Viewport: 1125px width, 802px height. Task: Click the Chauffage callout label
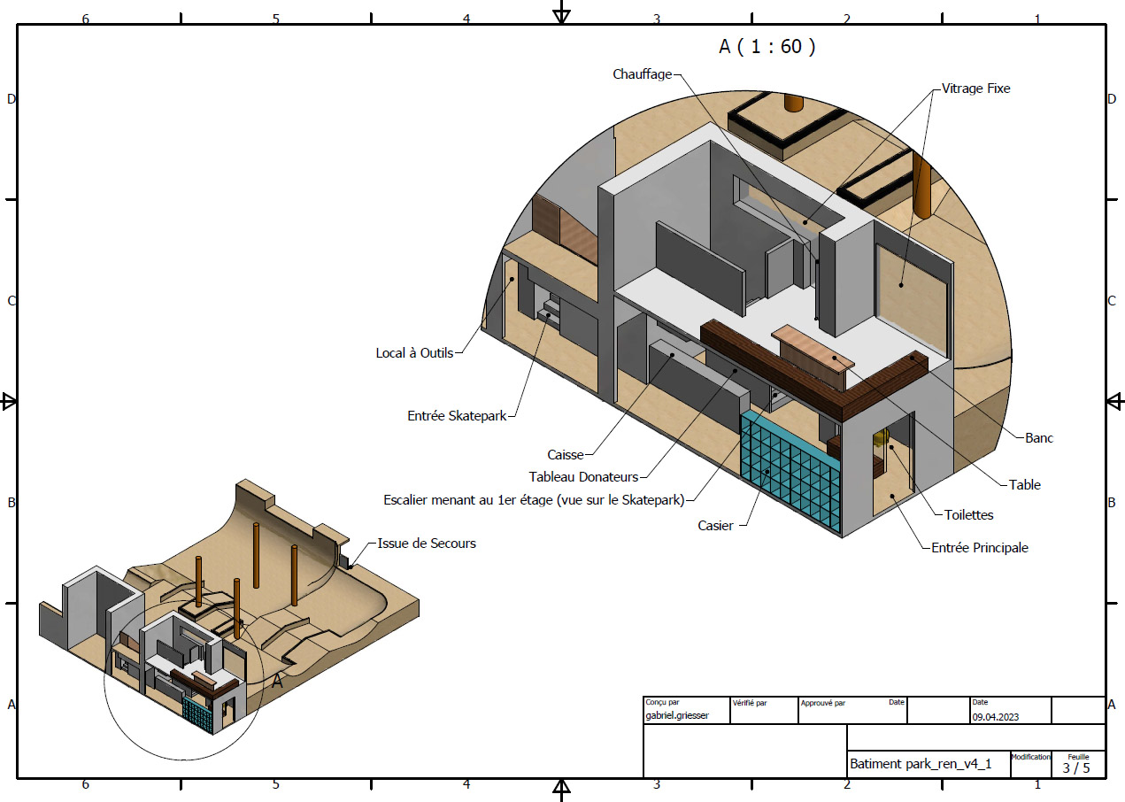pos(642,74)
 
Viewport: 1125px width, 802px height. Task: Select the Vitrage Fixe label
pos(975,89)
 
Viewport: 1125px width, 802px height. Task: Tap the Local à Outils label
pos(414,353)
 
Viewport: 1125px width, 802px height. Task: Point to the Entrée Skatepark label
pos(457,416)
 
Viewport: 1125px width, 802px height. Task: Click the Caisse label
pos(565,455)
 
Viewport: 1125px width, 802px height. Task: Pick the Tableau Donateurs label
pos(583,476)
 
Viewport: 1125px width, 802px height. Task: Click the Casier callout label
pos(715,526)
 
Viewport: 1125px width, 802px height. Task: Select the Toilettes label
pos(968,514)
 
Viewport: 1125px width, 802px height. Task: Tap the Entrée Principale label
pos(979,547)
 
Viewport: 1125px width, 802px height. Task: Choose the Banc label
pos(1038,438)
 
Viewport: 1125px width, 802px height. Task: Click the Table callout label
pos(1025,484)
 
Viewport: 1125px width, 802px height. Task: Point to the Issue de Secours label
pos(427,544)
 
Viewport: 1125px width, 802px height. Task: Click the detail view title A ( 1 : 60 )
pos(767,47)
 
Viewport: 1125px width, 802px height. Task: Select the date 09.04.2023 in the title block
pos(995,717)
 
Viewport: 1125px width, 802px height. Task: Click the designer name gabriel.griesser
pos(676,715)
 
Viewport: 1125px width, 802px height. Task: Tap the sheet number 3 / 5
pos(1075,767)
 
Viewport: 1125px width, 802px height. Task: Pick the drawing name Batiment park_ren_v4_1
pos(920,764)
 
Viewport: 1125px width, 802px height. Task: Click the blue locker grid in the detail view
pos(790,471)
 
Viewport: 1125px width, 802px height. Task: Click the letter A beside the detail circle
pos(277,682)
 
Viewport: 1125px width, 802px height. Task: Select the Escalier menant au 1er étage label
pos(534,500)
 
